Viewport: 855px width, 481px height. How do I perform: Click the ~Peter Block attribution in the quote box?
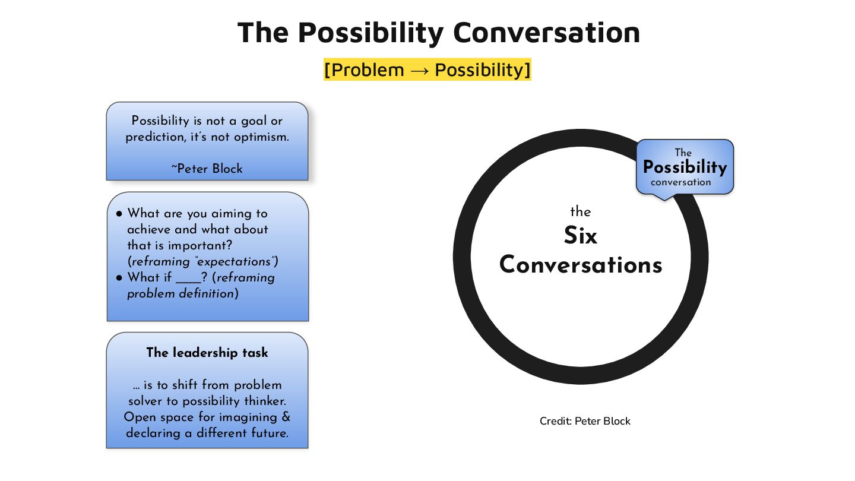[x=207, y=169]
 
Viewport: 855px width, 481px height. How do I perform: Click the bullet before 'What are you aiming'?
[x=119, y=214]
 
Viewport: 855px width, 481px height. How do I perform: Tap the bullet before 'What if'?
[x=119, y=278]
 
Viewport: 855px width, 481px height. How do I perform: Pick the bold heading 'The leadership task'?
[x=207, y=353]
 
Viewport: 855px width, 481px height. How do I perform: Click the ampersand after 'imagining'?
[x=286, y=417]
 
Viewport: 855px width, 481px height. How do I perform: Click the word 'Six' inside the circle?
[x=580, y=236]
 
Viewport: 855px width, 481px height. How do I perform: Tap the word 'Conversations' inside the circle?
[x=580, y=265]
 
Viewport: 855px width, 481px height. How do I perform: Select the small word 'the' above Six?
[x=580, y=212]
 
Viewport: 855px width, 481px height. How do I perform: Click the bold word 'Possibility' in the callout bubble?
[x=685, y=167]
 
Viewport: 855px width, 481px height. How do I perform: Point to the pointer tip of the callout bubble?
[x=663, y=200]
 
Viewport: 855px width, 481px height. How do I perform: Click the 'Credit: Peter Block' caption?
[x=585, y=421]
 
